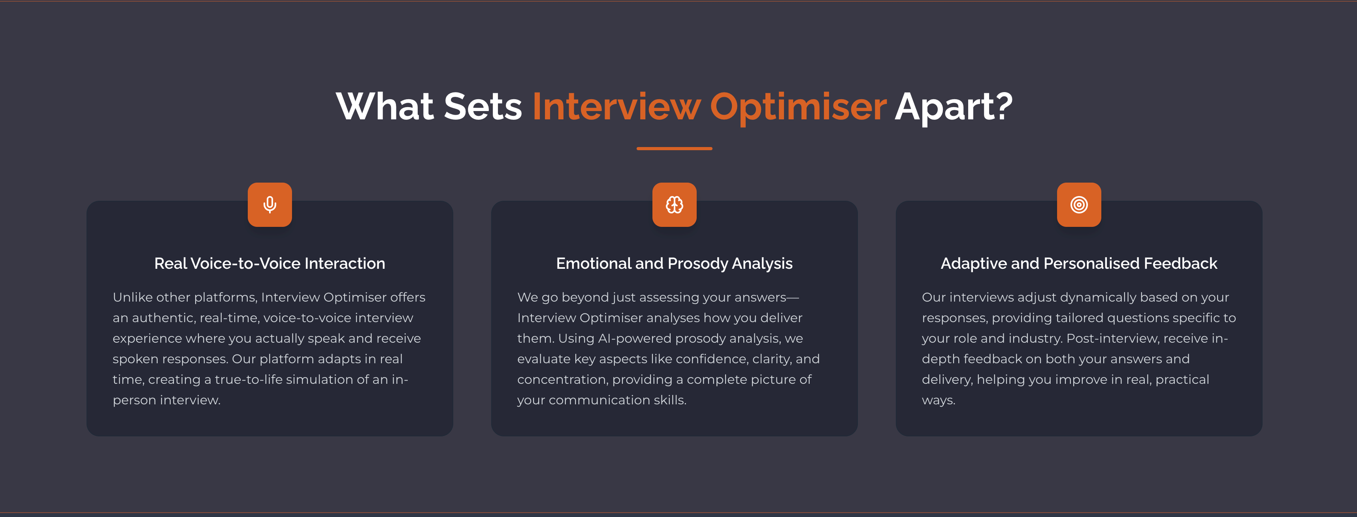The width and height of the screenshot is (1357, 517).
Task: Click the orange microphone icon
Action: [270, 204]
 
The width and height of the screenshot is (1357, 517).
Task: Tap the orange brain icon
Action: [674, 204]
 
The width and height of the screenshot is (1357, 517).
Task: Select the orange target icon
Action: [1079, 204]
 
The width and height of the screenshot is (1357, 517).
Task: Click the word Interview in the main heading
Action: [616, 106]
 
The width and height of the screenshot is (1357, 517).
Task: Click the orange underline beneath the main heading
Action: [674, 149]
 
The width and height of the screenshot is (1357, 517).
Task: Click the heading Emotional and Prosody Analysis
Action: [674, 264]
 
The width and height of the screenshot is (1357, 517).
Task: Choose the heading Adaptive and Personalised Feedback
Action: [1079, 264]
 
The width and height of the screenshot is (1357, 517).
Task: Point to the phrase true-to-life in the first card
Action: [247, 379]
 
